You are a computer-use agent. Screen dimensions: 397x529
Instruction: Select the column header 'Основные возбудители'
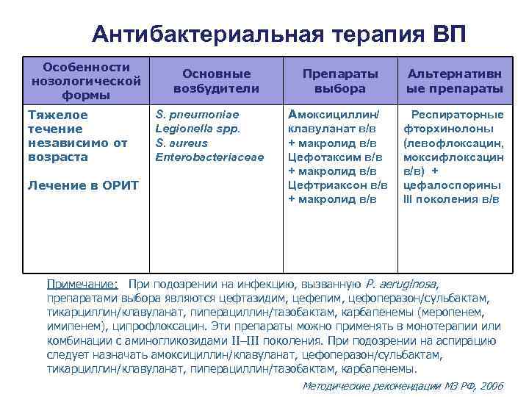point(216,81)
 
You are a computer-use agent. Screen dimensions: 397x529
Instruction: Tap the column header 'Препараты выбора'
point(339,81)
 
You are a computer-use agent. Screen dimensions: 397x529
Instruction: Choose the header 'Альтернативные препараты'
point(455,81)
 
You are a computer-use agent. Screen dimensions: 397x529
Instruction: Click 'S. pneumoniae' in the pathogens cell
point(197,115)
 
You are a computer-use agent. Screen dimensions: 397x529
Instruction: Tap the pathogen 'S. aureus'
point(181,143)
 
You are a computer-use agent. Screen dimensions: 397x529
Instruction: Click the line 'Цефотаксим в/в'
point(335,157)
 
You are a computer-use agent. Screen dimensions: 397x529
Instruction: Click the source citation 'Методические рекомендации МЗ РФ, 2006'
point(403,385)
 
